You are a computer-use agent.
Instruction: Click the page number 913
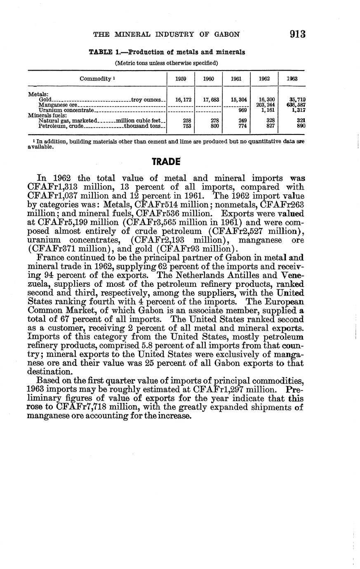pos(297,34)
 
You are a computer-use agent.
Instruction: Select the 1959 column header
pos(181,78)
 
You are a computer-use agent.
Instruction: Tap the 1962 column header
pos(264,78)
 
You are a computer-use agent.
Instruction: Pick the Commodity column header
pos(96,78)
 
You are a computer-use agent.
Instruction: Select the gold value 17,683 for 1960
pos(210,100)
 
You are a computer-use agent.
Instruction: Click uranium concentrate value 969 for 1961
pos(242,110)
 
